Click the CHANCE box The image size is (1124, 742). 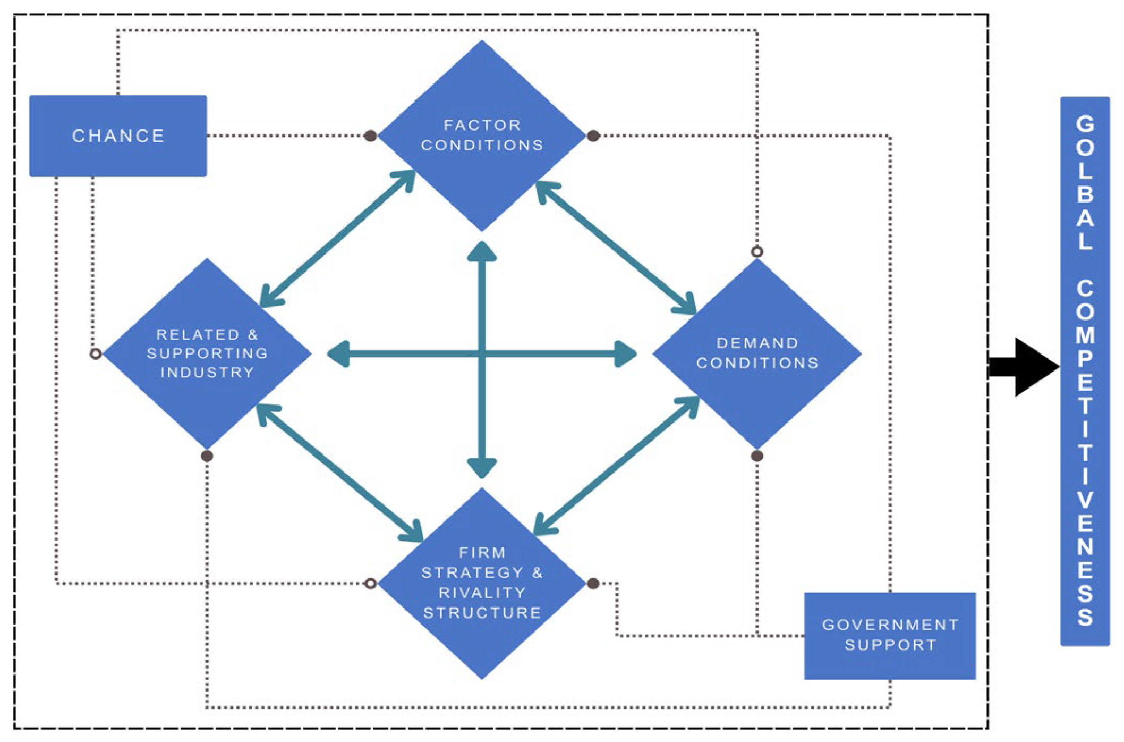118,136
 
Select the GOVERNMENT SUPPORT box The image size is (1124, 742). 890,636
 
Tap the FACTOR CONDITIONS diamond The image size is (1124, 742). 482,136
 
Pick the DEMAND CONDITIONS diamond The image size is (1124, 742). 757,353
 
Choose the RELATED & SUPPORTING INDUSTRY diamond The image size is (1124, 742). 207,353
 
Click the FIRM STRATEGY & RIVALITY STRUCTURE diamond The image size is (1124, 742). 482,583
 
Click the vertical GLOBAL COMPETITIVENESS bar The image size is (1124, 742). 1085,371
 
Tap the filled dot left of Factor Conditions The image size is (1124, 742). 371,136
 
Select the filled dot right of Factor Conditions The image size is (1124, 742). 593,136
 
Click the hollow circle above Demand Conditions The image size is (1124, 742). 757,251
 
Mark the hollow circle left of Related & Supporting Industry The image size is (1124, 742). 96,353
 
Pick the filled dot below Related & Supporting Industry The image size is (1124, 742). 207,456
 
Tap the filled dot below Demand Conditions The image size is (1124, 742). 757,456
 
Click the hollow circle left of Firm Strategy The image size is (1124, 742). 371,584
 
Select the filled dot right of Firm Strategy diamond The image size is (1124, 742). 593,584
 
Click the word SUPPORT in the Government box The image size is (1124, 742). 890,645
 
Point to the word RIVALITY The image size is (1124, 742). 482,593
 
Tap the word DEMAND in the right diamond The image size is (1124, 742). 757,343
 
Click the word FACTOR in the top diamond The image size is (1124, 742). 482,125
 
